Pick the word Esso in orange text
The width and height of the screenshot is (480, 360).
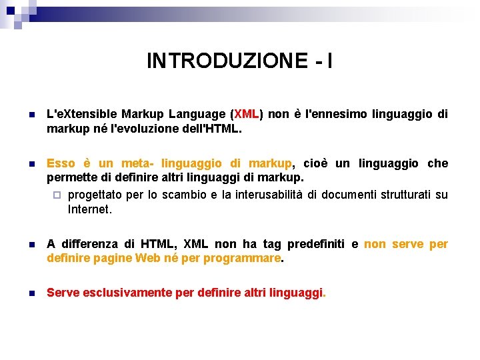[x=61, y=164]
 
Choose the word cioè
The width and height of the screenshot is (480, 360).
[x=317, y=164]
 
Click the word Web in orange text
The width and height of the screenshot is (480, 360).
[x=147, y=258]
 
